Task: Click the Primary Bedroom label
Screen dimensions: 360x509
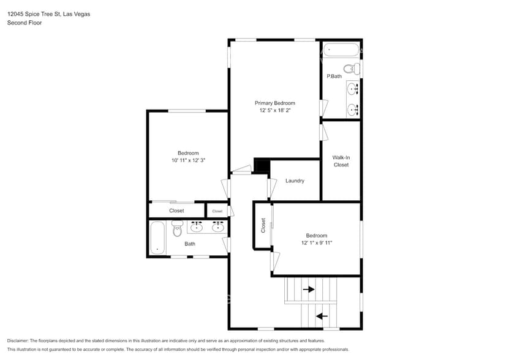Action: (x=275, y=103)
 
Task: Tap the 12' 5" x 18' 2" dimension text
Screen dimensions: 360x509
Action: (x=275, y=111)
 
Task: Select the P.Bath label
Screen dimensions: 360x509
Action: (x=334, y=76)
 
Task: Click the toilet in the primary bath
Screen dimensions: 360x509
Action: (x=351, y=69)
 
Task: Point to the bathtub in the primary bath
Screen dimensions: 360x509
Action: (x=341, y=50)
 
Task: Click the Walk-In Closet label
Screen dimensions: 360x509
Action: (x=341, y=161)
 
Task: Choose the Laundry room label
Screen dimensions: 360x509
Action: (x=295, y=181)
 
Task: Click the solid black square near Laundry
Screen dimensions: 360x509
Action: (x=262, y=167)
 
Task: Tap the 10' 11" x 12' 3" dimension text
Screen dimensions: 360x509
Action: (x=188, y=160)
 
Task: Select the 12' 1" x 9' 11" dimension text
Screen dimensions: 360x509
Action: (x=317, y=243)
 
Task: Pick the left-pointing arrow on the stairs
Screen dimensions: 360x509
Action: (x=321, y=317)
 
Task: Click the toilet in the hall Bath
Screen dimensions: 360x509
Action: (x=177, y=229)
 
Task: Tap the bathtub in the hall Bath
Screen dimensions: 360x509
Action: (x=157, y=238)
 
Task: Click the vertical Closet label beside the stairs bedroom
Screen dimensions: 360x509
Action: (x=263, y=225)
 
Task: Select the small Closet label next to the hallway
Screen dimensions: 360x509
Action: (x=217, y=211)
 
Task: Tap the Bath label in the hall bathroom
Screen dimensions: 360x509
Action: (x=190, y=244)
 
